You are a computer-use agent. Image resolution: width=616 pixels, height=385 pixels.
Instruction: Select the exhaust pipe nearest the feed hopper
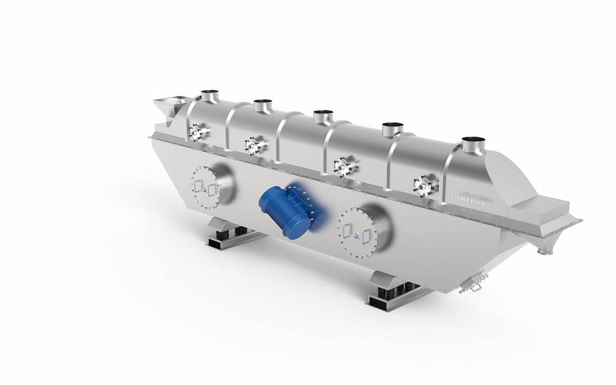click(x=209, y=95)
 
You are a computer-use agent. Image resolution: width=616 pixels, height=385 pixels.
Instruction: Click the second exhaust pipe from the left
click(x=262, y=105)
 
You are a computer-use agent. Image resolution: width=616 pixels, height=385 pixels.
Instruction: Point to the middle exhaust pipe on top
click(x=323, y=117)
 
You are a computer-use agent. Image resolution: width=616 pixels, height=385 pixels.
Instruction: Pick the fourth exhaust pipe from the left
click(x=392, y=129)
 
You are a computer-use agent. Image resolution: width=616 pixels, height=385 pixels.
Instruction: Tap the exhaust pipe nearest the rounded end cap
click(x=473, y=144)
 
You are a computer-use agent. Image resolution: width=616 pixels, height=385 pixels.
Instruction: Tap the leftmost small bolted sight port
click(x=197, y=133)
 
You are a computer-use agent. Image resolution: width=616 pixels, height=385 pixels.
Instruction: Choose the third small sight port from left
click(x=342, y=166)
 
